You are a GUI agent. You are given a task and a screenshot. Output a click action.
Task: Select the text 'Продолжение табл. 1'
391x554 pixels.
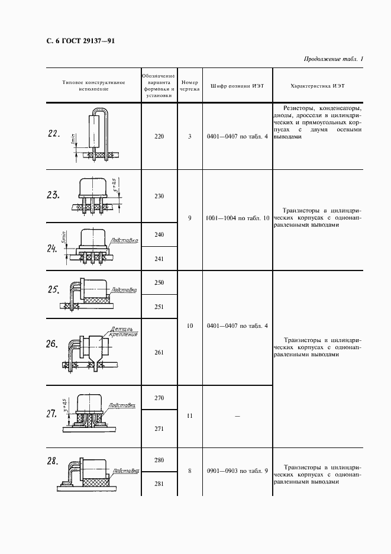334,59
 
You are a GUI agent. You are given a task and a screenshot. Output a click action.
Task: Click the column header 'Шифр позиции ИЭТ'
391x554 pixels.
237,86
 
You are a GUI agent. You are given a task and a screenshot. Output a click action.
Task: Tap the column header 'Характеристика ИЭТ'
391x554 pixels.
318,86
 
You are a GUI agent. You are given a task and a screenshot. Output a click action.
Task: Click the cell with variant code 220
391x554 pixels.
159,137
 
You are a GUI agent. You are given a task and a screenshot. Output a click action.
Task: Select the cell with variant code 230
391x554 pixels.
159,196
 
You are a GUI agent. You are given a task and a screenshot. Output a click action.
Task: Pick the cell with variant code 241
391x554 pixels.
159,259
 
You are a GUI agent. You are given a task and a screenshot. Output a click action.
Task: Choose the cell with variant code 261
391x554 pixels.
159,352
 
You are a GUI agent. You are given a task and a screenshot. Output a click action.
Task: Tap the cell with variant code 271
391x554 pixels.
159,429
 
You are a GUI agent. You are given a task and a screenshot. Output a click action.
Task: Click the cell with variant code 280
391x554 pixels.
159,460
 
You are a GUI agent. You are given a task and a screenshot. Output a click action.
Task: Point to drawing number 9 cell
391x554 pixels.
190,218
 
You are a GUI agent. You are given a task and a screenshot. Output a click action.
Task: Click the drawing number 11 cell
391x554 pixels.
190,415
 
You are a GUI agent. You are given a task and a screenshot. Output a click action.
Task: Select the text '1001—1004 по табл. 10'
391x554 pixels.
237,218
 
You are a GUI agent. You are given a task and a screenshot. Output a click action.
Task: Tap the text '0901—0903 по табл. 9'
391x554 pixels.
237,471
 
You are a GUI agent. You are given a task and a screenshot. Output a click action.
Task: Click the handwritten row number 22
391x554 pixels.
54,134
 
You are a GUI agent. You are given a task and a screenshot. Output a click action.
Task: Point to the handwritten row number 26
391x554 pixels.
52,343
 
